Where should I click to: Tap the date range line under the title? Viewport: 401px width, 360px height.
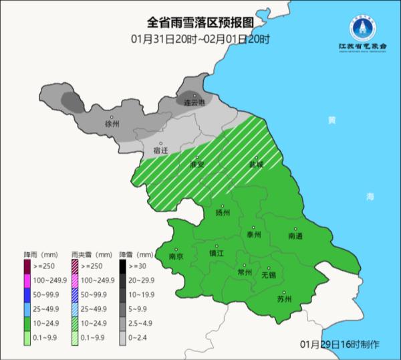200,39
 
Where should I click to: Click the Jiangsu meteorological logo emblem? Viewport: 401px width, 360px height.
364,28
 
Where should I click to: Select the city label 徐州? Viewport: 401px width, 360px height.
112,124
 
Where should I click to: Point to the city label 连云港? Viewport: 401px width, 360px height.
196,102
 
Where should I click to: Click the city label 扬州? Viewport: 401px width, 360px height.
223,213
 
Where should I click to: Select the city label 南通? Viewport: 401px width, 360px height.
295,236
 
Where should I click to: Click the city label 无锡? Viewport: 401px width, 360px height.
269,275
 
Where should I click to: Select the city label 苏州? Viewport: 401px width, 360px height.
284,299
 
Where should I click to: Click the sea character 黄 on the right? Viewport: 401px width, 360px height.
331,120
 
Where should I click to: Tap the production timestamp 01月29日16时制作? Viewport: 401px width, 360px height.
340,344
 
